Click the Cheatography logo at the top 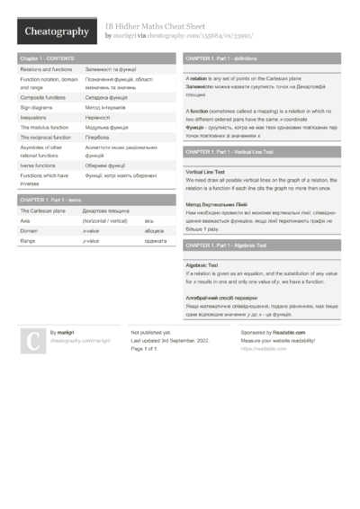(x=57, y=32)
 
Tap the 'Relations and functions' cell (x=46, y=68)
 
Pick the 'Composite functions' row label (x=42, y=97)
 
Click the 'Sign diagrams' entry (x=37, y=107)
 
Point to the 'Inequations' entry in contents (x=33, y=117)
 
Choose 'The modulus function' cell (x=43, y=128)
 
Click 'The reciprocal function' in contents (x=45, y=138)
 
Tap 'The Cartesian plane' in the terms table (x=42, y=210)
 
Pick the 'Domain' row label (x=29, y=231)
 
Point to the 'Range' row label (x=28, y=241)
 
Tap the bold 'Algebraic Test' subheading (x=202, y=266)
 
